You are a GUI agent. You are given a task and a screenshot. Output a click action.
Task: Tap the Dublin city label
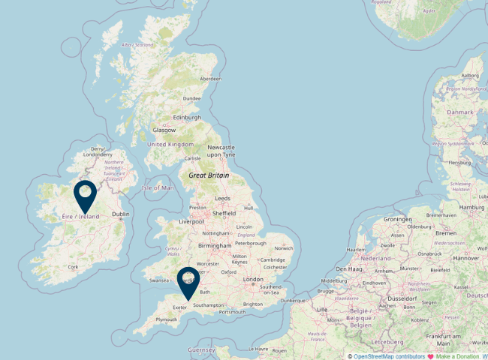coord(120,214)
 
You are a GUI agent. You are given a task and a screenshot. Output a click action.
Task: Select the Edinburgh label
coord(187,117)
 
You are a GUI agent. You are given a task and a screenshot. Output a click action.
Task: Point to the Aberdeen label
coord(210,79)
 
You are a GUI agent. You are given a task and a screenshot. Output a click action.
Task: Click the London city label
coord(253,279)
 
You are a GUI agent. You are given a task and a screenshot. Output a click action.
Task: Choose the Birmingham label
coord(215,245)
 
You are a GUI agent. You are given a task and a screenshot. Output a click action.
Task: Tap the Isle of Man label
coord(158,187)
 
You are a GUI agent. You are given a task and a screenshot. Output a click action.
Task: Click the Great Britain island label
coord(209,175)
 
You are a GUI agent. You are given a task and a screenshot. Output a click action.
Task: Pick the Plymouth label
coord(166,319)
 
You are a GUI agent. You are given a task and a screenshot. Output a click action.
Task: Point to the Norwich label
coord(284,248)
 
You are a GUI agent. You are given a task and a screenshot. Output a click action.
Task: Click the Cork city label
coord(73,266)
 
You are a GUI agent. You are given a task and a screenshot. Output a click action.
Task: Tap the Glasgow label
coord(164,130)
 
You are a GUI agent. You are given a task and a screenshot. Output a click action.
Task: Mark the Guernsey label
coord(201,349)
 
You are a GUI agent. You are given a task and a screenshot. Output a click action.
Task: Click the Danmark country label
coord(460,112)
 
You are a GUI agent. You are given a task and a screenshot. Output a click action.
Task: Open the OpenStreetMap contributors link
coord(389,356)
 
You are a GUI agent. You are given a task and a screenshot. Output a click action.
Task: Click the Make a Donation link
coord(458,356)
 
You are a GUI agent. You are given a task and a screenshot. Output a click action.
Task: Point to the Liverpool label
coord(191,222)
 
